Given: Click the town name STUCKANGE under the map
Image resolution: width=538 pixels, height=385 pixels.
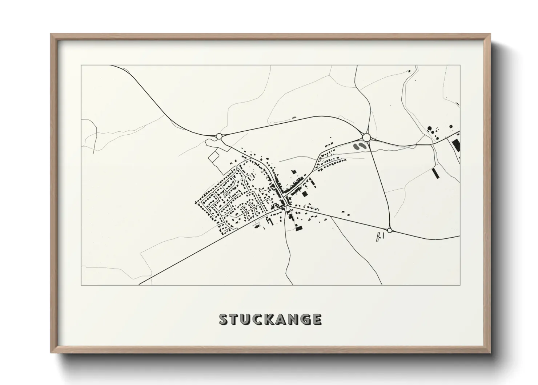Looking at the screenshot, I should tap(270, 319).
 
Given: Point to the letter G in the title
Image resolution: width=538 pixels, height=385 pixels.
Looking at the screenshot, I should tap(305, 319).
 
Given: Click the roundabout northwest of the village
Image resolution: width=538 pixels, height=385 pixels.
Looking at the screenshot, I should tap(219, 136).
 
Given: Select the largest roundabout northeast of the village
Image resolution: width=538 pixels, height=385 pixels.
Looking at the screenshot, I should tap(366, 137).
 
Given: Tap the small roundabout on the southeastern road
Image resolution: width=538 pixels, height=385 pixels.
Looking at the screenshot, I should tap(389, 230).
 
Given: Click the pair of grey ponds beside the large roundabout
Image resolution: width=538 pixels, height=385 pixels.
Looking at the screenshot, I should tap(359, 146).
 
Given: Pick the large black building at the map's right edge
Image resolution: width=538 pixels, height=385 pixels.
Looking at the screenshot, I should tap(456, 146).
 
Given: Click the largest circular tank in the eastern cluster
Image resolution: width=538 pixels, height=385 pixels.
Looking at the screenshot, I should tap(430, 128).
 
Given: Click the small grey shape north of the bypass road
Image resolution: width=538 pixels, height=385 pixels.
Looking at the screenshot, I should tap(294, 118).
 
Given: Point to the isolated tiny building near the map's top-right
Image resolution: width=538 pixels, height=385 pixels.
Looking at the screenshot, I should tap(409, 70).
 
